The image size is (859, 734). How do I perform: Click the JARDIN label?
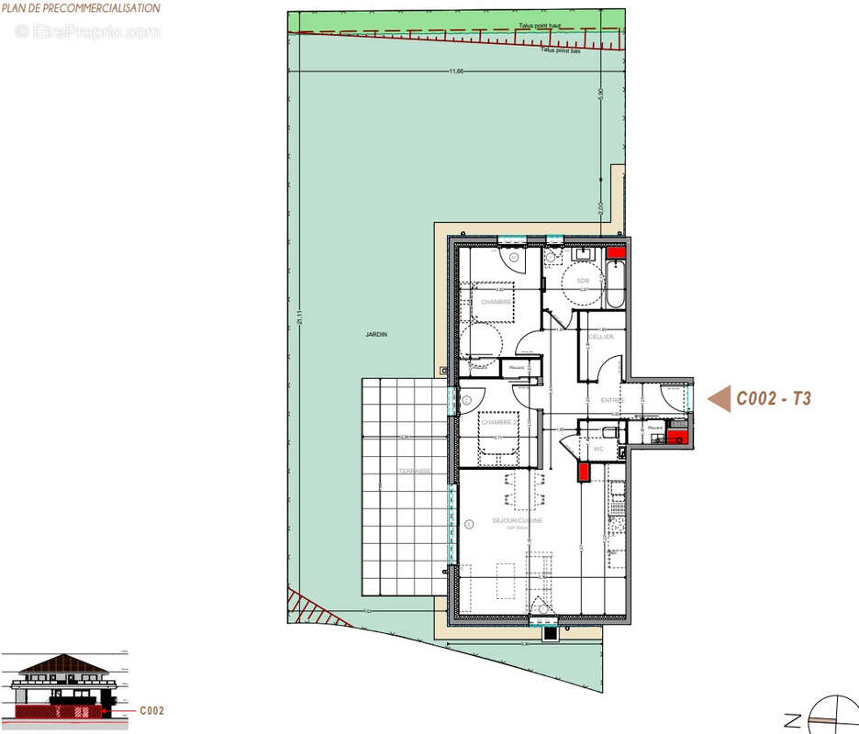(x=375, y=335)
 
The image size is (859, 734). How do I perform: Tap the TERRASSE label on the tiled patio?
(x=415, y=472)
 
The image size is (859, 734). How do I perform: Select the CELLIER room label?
(x=601, y=338)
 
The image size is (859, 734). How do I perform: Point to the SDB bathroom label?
(x=583, y=280)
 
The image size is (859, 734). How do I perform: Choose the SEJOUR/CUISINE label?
(x=517, y=521)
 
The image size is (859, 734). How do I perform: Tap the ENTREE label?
(x=613, y=400)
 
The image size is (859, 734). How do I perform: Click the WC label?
(x=598, y=450)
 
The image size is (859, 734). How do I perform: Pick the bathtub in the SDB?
(x=616, y=284)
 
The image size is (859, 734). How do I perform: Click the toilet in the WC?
(x=608, y=430)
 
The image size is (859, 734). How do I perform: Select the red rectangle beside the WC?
(x=583, y=472)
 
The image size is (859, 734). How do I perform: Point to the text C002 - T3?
(x=774, y=399)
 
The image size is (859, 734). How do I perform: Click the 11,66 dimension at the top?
(x=456, y=72)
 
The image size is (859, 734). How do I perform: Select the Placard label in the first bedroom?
(x=515, y=368)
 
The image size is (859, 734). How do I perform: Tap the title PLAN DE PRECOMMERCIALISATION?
(x=81, y=8)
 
